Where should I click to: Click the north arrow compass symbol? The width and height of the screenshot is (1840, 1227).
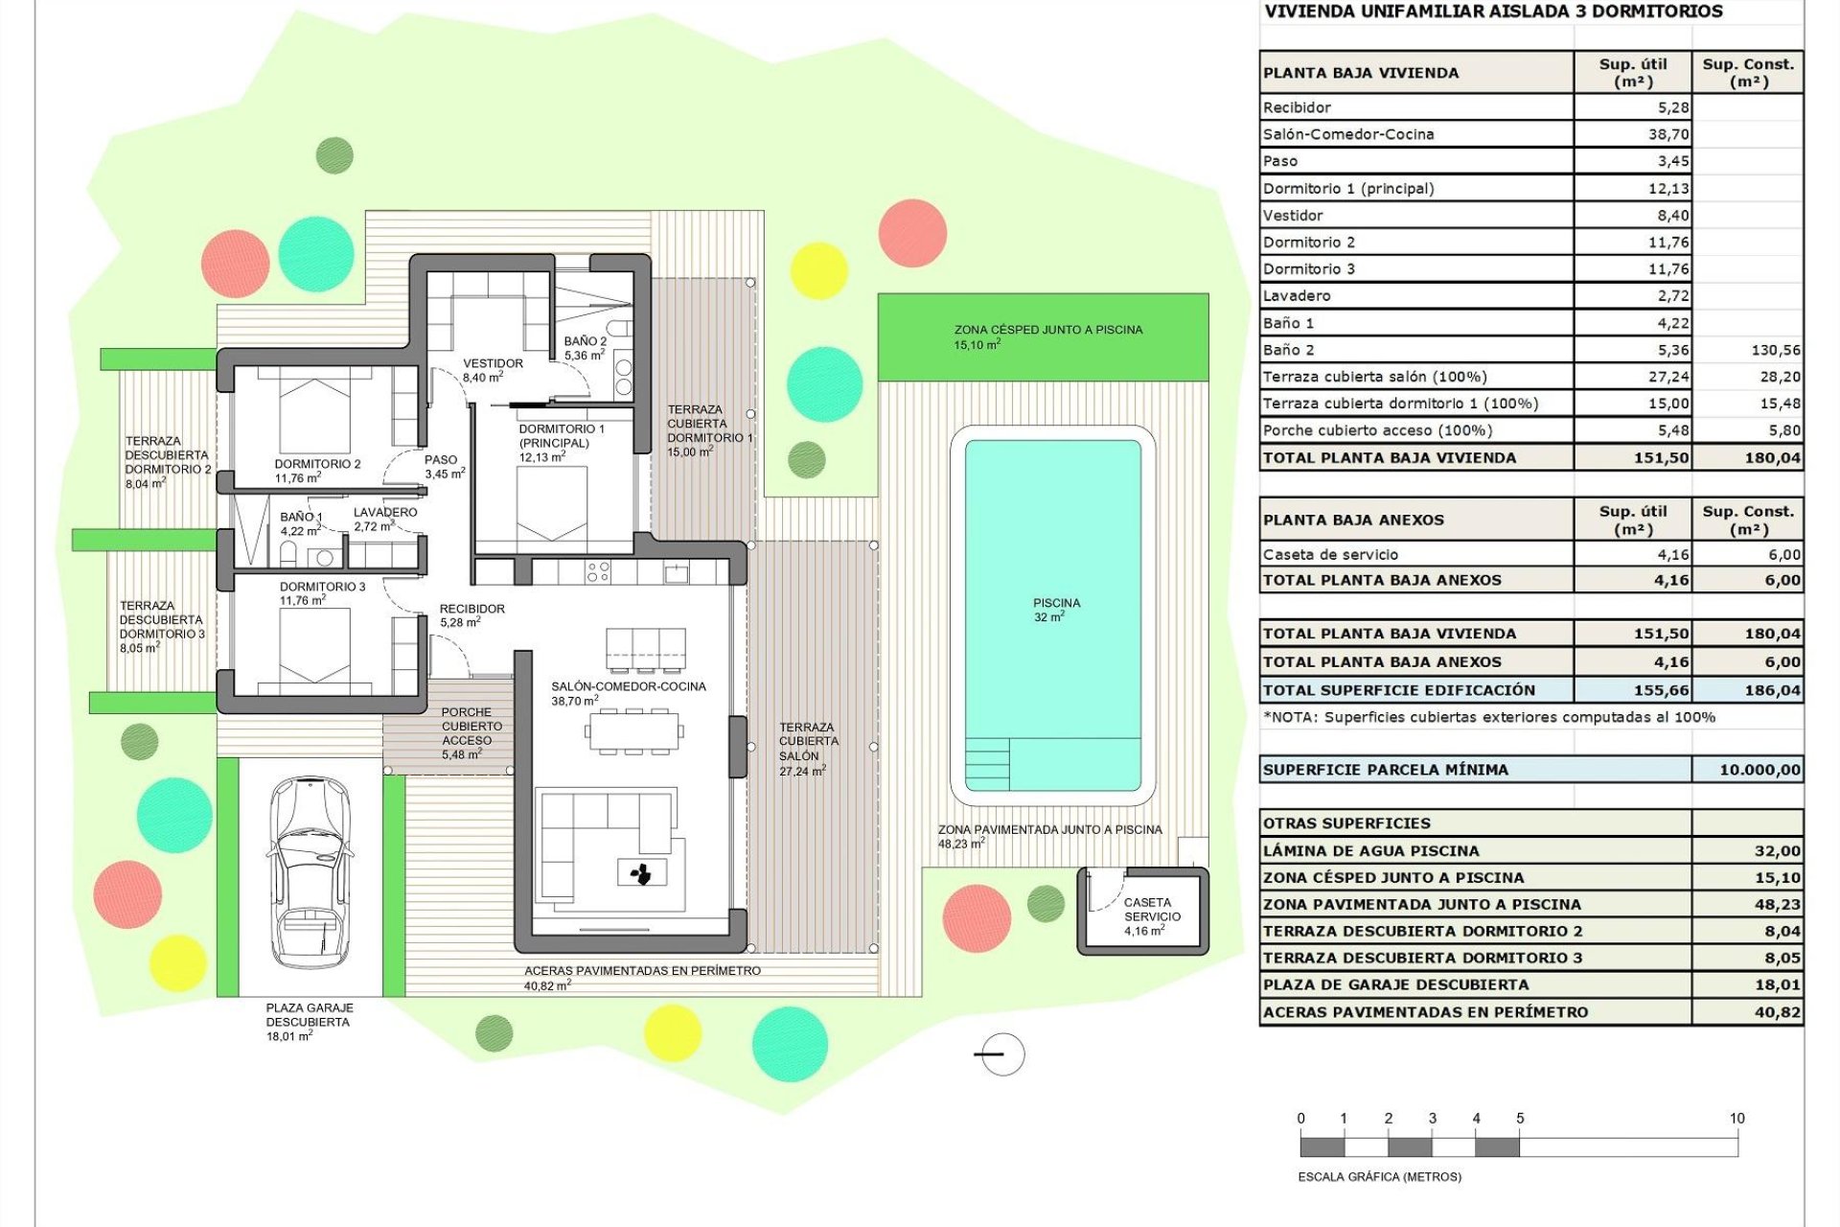pos(1002,1054)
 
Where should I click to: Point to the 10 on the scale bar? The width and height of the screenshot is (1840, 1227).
pos(1736,1119)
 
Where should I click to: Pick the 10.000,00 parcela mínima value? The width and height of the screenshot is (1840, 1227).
pos(1759,770)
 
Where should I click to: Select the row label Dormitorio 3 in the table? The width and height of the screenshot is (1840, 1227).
pos(1308,269)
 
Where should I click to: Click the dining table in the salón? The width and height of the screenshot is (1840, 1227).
pos(633,731)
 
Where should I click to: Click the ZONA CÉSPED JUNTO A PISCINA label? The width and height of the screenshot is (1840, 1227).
pos(1047,330)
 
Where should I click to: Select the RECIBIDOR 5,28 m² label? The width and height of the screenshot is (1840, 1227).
pos(471,615)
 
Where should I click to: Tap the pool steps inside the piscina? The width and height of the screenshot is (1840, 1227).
pos(987,763)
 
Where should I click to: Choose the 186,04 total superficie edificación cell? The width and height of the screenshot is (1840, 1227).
pos(1772,690)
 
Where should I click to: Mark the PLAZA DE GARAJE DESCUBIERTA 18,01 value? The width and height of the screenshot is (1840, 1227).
pos(1777,984)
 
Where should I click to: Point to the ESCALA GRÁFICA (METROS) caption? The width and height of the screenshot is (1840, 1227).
pos(1379,1176)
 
